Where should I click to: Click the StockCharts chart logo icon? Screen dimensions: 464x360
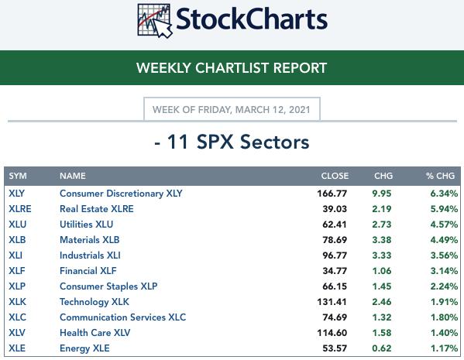click(155, 20)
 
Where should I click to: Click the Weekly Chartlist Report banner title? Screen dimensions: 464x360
click(232, 67)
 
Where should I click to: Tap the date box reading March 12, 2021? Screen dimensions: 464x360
click(232, 109)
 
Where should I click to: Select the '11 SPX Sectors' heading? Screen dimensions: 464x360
click(232, 142)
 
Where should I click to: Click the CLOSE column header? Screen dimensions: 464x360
click(335, 176)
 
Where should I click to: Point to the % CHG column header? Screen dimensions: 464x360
click(440, 176)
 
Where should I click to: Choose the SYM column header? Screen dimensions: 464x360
click(18, 176)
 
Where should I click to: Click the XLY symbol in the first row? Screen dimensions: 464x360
click(16, 194)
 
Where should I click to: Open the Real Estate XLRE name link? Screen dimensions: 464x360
click(97, 209)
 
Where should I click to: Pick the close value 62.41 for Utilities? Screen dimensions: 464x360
click(335, 225)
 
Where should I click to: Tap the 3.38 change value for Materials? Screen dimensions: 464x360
click(382, 240)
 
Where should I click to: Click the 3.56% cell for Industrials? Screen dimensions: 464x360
click(444, 255)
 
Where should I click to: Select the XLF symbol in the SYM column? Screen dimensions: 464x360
click(17, 271)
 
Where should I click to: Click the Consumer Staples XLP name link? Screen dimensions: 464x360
click(108, 286)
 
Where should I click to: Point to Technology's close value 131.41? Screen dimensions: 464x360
click(332, 302)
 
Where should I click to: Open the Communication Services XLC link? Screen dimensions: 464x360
click(123, 317)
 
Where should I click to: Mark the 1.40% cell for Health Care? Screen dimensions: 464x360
click(444, 333)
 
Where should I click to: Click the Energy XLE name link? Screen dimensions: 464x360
click(84, 348)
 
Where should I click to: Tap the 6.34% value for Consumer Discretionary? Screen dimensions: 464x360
click(444, 194)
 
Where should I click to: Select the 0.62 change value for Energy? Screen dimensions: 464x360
click(382, 348)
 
